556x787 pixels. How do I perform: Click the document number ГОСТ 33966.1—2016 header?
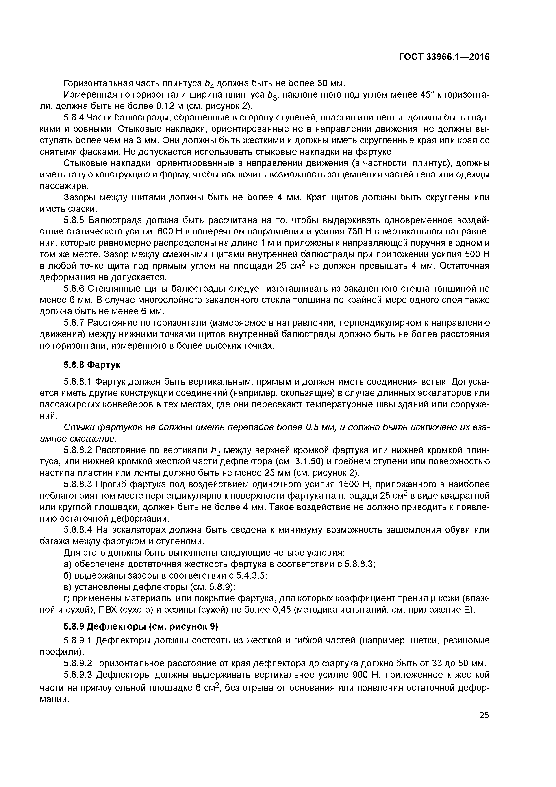(x=444, y=57)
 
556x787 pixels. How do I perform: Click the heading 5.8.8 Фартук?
(x=92, y=365)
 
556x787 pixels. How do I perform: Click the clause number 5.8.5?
(x=74, y=220)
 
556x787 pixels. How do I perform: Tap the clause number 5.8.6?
(x=74, y=289)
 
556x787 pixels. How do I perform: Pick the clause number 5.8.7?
(x=74, y=323)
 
